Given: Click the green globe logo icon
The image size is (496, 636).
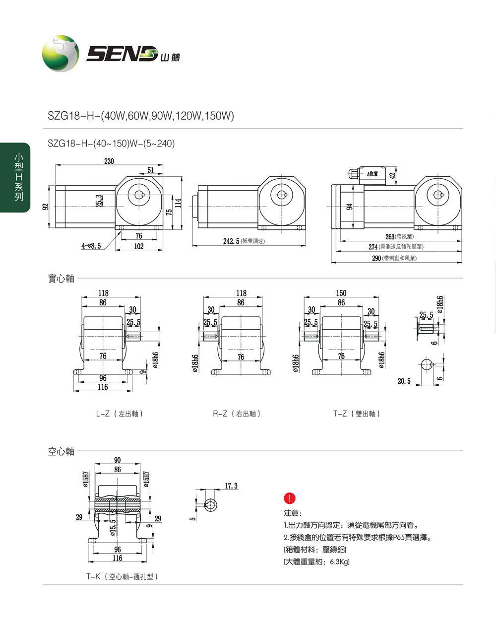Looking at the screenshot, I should [60, 54].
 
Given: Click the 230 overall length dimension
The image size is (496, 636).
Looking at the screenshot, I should [109, 161].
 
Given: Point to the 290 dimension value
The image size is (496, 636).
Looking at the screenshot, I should [376, 258].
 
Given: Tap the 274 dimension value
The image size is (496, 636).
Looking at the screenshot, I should [373, 247].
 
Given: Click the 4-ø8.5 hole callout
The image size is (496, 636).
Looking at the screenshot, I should [91, 246].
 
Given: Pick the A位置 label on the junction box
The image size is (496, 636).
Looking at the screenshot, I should [372, 174].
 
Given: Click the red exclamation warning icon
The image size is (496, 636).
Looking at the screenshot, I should [289, 498].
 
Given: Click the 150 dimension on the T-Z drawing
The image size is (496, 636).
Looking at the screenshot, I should [341, 293].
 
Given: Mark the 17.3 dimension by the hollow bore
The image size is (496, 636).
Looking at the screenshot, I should [231, 486].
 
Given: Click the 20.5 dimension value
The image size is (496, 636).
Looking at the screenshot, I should [404, 381].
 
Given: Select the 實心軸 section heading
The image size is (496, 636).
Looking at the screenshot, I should [61, 279].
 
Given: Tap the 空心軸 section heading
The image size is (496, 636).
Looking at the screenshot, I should [61, 451].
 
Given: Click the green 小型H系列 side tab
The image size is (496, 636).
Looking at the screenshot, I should [18, 177].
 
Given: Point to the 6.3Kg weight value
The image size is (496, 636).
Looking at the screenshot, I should [339, 562].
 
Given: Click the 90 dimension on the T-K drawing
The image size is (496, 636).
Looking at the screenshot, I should [117, 460].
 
